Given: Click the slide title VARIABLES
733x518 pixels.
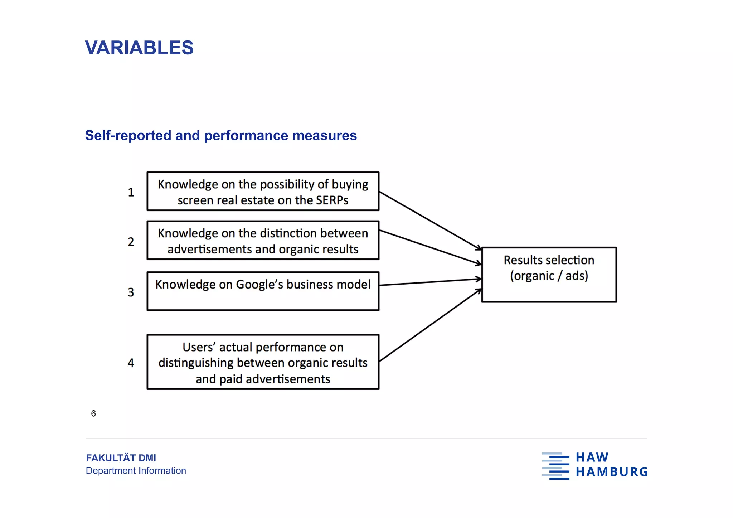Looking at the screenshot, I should [x=139, y=48].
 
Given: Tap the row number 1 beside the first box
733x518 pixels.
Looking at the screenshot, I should [x=131, y=193].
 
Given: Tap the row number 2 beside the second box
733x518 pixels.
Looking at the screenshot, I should [x=131, y=242].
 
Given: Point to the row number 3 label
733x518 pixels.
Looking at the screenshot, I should [x=131, y=292].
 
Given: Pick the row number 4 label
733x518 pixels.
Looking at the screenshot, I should [x=131, y=363].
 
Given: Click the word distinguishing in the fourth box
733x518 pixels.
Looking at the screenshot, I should [x=196, y=363].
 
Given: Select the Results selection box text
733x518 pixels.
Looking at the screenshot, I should [x=549, y=260].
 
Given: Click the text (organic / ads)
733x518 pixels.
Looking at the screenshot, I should [x=549, y=276].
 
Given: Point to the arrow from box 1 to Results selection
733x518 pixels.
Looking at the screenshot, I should [x=429, y=221].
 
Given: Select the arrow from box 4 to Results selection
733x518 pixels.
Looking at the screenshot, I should [x=429, y=325].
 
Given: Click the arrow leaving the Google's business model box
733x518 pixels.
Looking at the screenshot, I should [x=429, y=282].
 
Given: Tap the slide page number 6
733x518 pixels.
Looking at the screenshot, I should [x=93, y=413].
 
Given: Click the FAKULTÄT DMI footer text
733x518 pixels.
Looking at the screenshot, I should [x=121, y=458].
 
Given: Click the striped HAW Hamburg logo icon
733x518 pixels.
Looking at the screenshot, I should [x=555, y=466].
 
